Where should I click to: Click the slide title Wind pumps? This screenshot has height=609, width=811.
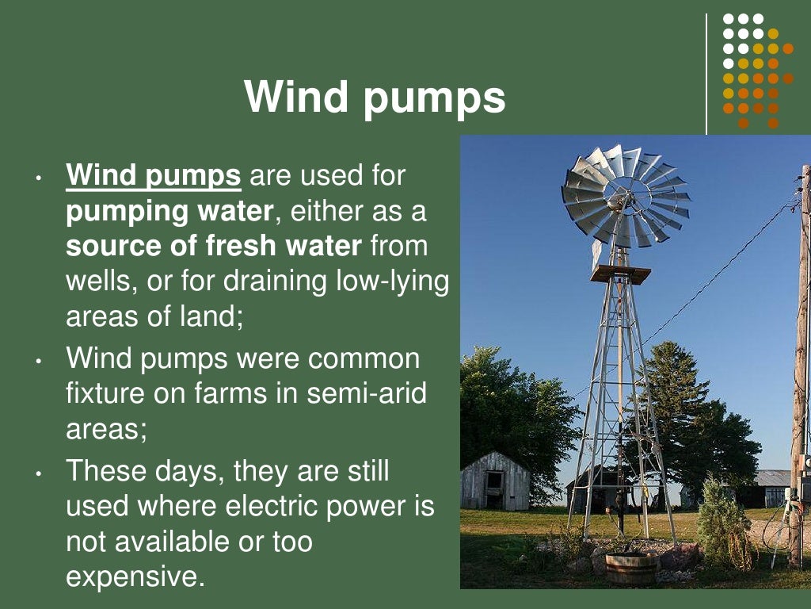click(x=375, y=98)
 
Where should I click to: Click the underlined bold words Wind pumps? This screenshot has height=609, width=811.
click(x=154, y=176)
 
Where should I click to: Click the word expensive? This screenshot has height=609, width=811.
click(x=135, y=576)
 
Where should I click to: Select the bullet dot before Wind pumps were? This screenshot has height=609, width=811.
click(x=38, y=362)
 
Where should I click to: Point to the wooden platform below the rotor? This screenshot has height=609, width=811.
click(x=620, y=274)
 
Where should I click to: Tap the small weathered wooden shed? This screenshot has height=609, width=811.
click(x=495, y=481)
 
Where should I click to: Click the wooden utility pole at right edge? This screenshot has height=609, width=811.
click(x=801, y=357)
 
